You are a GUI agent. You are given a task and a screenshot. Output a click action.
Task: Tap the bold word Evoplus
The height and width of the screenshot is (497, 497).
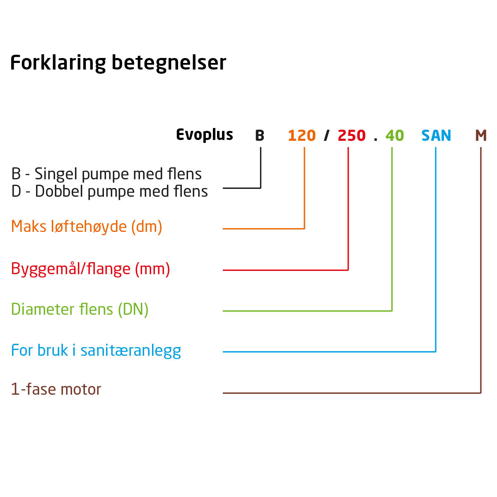205,135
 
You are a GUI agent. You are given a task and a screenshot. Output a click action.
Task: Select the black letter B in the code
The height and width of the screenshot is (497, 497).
260,135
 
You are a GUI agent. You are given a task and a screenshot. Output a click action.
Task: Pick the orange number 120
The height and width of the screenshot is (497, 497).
302,135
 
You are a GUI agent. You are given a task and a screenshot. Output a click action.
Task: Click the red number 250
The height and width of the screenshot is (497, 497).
352,135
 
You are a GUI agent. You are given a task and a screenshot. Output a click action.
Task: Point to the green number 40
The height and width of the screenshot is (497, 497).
395,135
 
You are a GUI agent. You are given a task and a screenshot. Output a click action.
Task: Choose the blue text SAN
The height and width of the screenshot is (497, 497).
436,135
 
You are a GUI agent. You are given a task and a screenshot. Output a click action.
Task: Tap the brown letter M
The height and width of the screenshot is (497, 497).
481,135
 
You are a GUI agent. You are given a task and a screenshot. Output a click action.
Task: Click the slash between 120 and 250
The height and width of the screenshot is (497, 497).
326,135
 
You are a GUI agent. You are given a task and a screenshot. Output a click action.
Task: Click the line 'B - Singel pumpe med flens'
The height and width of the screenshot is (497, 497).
106,174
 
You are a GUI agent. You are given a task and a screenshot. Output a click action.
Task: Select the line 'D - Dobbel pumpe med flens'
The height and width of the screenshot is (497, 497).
109,191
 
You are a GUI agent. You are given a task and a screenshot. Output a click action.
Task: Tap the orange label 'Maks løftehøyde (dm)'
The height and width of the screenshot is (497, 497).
87,227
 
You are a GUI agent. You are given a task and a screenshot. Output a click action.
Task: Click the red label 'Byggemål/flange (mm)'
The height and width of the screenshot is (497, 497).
91,269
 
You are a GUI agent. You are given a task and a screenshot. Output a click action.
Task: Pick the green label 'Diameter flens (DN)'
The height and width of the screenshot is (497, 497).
80,309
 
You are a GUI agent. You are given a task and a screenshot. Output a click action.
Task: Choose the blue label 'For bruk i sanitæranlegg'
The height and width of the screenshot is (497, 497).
96,351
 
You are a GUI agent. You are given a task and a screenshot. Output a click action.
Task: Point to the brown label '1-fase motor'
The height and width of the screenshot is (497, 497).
56,389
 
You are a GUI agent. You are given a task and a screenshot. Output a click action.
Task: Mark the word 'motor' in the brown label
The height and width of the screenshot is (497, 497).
81,390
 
